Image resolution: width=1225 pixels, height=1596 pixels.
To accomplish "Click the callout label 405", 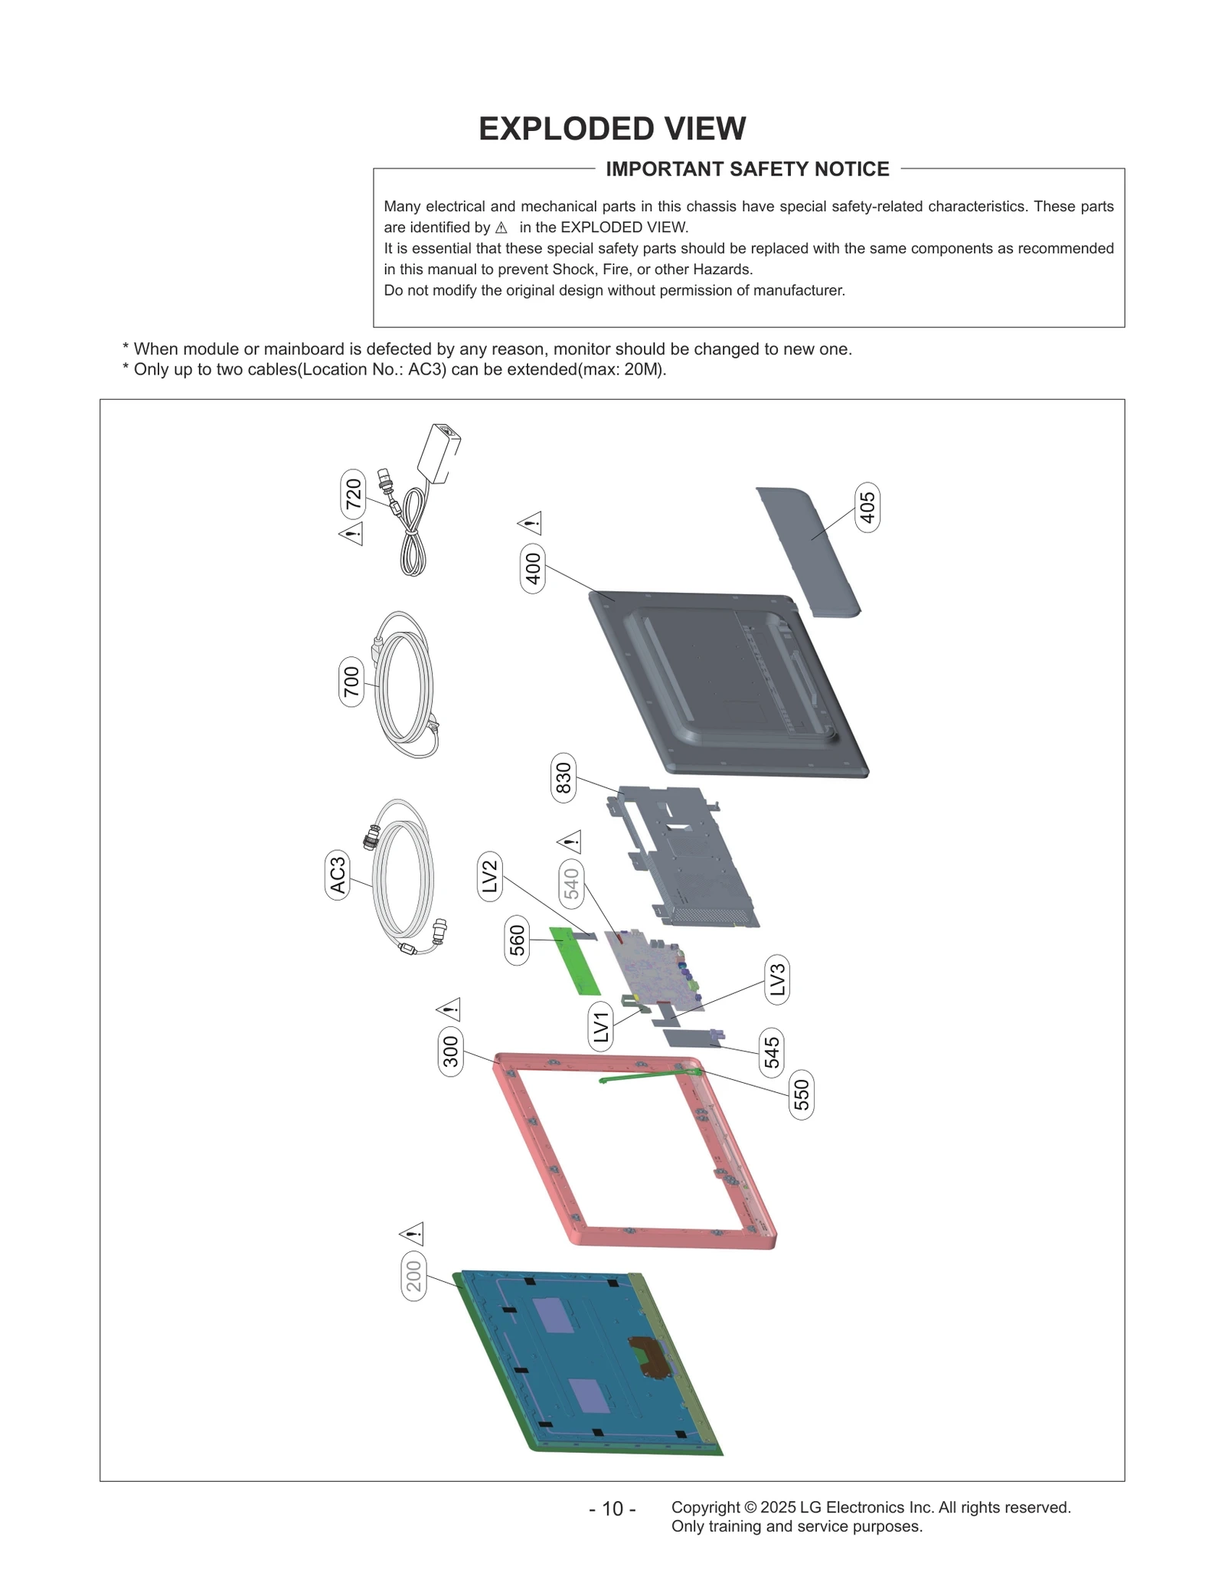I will click(867, 507).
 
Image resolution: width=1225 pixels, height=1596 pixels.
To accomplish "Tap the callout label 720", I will click(353, 494).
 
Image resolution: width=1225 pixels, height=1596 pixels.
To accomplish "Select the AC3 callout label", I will click(338, 875).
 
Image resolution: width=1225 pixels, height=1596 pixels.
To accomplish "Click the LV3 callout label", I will click(777, 979).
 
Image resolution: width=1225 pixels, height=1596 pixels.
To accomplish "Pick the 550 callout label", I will click(801, 1094).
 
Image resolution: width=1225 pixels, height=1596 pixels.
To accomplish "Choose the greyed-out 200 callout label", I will click(413, 1277).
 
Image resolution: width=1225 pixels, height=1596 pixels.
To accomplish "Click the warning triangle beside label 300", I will click(449, 1009).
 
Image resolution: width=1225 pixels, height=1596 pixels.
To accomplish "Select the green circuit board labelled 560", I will click(574, 960).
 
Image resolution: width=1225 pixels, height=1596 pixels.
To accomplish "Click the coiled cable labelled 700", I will click(407, 684).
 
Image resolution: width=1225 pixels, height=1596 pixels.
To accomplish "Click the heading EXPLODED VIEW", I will click(612, 129).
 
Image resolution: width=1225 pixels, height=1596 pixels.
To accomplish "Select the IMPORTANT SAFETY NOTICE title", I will click(747, 169).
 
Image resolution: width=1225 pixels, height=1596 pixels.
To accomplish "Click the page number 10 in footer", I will click(612, 1509).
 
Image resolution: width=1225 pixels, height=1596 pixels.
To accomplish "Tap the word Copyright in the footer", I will click(705, 1507).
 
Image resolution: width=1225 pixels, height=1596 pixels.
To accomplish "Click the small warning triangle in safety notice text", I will click(501, 228).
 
